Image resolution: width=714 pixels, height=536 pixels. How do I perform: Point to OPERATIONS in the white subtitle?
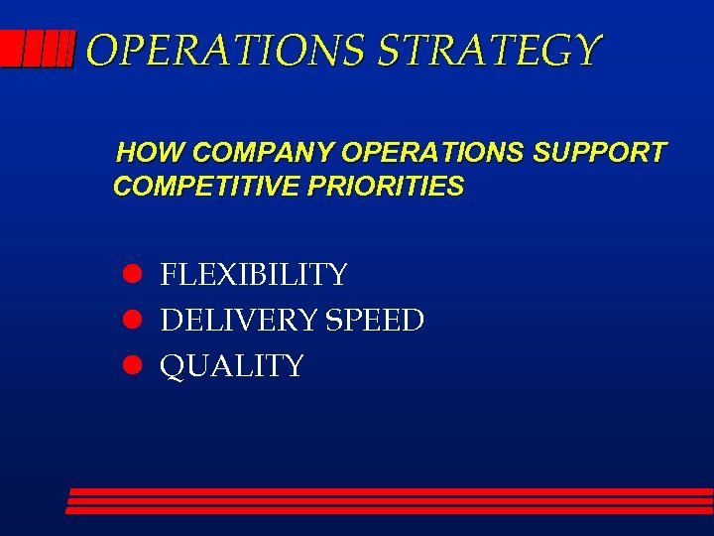pyautogui.click(x=434, y=153)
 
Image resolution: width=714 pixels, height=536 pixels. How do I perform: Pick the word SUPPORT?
pyautogui.click(x=601, y=153)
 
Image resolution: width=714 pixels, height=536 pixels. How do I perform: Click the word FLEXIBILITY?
pyautogui.click(x=254, y=274)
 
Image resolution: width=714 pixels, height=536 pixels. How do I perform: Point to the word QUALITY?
pyautogui.click(x=232, y=365)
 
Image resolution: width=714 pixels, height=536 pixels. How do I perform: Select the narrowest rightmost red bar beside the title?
pyautogui.click(x=70, y=48)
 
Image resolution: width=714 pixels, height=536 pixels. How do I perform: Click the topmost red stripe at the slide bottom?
pyautogui.click(x=392, y=491)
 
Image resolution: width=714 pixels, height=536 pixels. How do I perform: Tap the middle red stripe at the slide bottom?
pyautogui.click(x=390, y=501)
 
